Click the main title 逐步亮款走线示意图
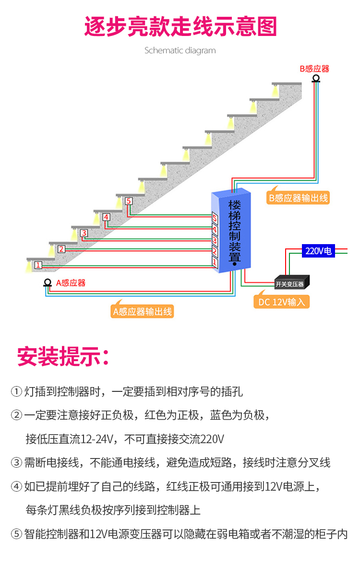(180, 27)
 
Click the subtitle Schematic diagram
(180, 50)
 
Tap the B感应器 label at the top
(315, 69)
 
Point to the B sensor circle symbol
(316, 78)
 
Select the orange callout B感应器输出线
(299, 198)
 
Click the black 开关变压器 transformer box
(291, 283)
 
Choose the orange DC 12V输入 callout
(281, 302)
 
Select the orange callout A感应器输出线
(142, 311)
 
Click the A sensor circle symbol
(48, 282)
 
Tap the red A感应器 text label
(71, 283)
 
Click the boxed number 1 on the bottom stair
(38, 265)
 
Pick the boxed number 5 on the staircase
(128, 201)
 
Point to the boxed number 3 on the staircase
(84, 234)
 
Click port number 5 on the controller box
(215, 219)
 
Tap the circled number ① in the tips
(16, 392)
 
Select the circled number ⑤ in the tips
(16, 534)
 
